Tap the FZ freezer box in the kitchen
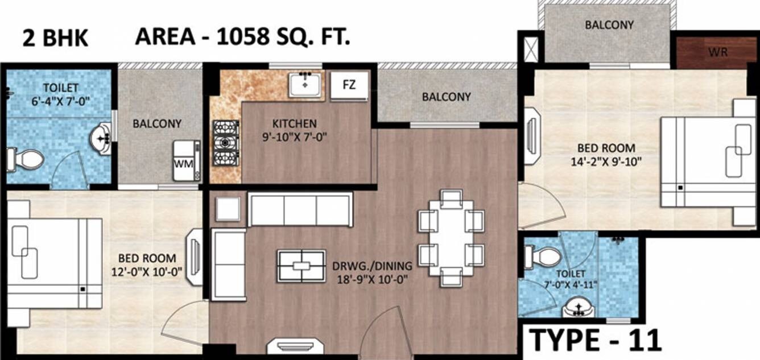349,85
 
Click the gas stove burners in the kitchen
225,142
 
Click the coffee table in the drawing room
301,266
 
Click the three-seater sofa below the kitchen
300,209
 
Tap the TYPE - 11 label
596,340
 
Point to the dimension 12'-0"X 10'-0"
147,271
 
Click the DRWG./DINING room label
371,266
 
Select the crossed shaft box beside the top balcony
530,49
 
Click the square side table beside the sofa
227,209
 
